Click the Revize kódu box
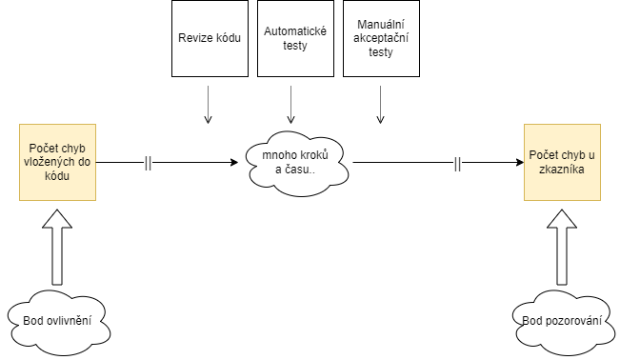tap(209, 38)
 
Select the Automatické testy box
tap(295, 38)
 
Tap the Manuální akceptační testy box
tap(380, 38)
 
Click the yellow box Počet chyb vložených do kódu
tap(57, 162)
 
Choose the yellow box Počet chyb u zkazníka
tap(562, 162)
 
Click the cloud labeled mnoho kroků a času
tap(294, 163)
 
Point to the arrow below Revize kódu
tap(209, 105)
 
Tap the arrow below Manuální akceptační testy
tap(380, 105)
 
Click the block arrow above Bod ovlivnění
tap(58, 248)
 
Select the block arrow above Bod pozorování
tap(561, 248)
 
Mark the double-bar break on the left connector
tap(148, 163)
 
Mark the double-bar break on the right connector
tap(458, 163)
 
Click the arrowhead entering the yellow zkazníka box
tap(518, 163)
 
